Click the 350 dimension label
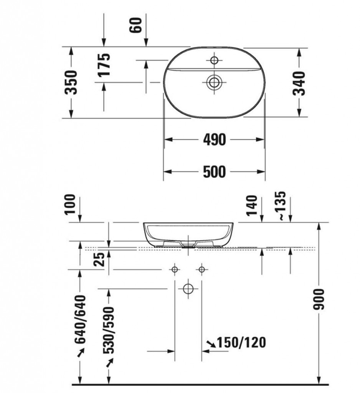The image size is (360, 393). [x=71, y=82]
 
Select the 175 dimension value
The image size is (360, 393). [x=104, y=64]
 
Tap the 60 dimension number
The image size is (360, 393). [x=135, y=25]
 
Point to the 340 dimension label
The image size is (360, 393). [x=299, y=83]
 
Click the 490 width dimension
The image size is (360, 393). [x=214, y=140]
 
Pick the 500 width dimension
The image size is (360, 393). [x=214, y=172]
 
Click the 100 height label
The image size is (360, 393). [x=70, y=204]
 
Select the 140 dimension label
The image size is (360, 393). [x=252, y=205]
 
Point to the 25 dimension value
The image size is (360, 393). [x=99, y=259]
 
